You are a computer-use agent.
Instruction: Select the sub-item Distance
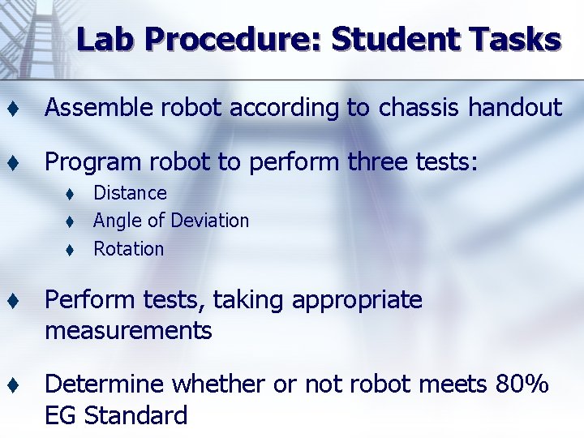pos(130,193)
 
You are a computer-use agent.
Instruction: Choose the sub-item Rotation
pos(128,249)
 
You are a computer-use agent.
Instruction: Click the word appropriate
pos(357,301)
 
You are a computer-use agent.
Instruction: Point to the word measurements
pos(128,331)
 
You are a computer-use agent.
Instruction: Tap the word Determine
pos(104,384)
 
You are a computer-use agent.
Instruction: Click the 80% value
pos(522,384)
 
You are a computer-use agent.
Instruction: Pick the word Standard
pos(135,415)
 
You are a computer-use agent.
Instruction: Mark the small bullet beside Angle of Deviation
pos(71,221)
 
